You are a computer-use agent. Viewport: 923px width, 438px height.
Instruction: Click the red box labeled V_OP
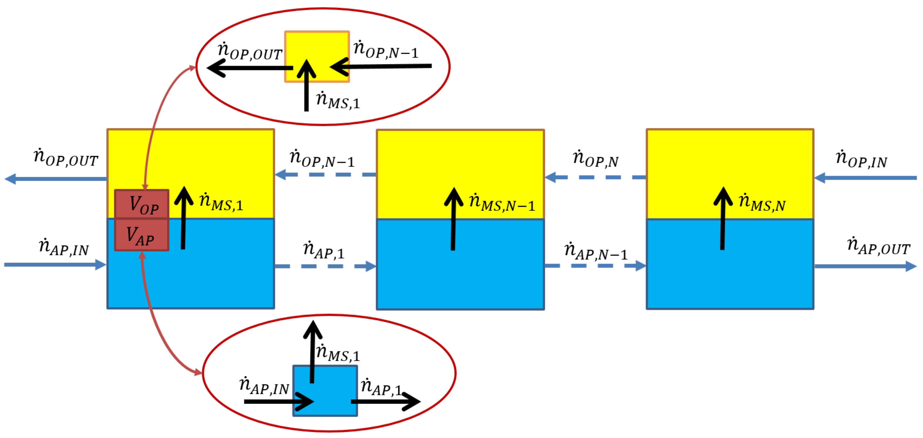point(142,204)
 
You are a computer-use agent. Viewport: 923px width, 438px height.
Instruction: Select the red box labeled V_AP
point(142,235)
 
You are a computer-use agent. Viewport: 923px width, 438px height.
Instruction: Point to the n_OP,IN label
point(861,160)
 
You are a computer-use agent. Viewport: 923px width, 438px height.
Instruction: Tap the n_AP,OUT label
point(878,246)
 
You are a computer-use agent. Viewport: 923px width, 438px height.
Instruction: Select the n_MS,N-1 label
point(502,202)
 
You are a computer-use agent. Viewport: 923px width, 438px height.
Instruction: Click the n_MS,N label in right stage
point(762,202)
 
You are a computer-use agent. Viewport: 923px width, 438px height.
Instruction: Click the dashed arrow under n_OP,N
point(595,177)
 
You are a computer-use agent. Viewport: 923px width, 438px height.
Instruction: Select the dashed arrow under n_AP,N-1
point(595,266)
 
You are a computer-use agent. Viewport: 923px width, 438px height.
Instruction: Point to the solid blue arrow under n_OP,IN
point(865,178)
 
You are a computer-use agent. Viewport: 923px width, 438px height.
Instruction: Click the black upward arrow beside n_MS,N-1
point(453,219)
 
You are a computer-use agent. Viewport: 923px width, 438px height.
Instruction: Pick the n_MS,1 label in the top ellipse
point(338,101)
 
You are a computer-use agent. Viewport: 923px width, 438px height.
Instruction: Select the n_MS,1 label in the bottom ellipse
point(338,353)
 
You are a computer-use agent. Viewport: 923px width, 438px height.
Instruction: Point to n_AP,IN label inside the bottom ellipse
point(264,386)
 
